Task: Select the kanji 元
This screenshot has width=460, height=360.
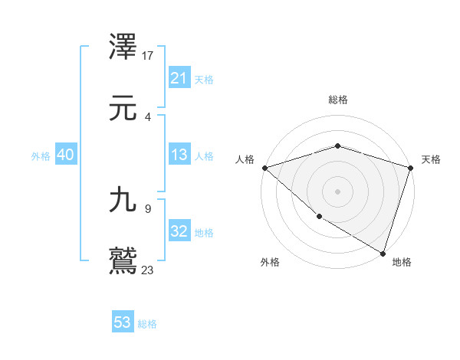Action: coord(123,109)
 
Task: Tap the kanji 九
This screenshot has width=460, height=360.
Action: coord(123,201)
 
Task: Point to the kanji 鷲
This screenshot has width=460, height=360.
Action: coord(123,261)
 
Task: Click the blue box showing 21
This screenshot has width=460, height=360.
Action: coord(179,79)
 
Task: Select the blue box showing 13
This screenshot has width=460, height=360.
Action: coord(179,155)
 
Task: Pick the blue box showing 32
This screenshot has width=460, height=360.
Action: coord(179,232)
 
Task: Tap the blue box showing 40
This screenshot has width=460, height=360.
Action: coord(65,155)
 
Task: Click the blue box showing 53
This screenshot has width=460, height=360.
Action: coord(123,322)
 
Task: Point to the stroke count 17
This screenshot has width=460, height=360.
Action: coord(148,55)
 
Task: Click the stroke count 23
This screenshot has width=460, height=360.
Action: coord(148,270)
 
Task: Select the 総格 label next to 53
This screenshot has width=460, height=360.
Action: coord(147,324)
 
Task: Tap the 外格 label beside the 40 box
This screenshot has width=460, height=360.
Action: coord(41,156)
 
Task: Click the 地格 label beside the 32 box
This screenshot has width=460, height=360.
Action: coord(204,233)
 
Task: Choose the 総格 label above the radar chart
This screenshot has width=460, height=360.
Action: coord(338,100)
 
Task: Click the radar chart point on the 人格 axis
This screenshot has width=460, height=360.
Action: coord(264,168)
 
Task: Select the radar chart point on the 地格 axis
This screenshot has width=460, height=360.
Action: coord(383,253)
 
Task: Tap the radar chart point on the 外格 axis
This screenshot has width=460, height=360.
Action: coord(319,217)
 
